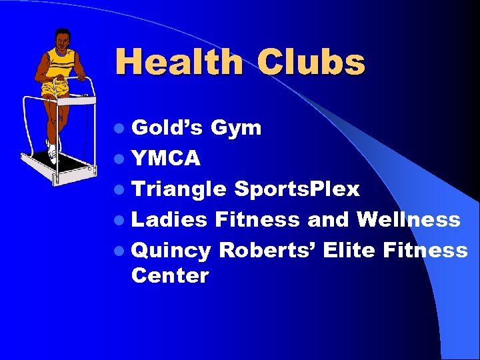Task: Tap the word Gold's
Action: [167, 127]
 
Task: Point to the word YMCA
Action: [166, 159]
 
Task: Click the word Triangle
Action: [179, 190]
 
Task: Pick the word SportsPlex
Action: [297, 190]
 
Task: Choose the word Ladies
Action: [169, 219]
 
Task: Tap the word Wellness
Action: [408, 219]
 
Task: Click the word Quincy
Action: [171, 251]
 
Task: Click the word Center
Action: [170, 275]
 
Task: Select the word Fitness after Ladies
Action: [257, 219]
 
